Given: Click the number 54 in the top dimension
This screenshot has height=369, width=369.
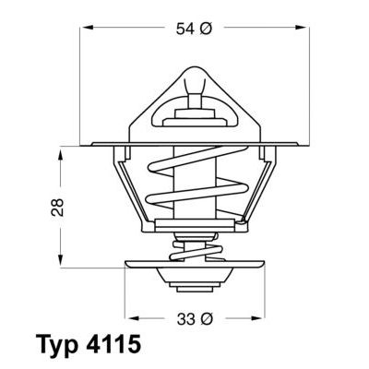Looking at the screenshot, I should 184,30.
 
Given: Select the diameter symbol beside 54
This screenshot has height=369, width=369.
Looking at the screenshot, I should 208,30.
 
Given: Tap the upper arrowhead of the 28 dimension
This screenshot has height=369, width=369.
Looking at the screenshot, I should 62,149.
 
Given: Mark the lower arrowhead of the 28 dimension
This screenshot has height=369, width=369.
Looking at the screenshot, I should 62,257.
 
